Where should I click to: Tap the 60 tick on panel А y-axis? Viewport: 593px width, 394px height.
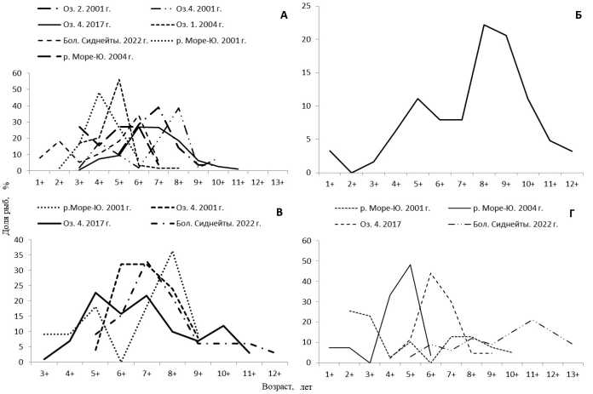coord(18,73)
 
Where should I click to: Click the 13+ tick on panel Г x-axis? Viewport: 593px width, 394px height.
coord(573,374)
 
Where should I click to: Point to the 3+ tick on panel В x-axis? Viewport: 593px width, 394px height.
coord(38,372)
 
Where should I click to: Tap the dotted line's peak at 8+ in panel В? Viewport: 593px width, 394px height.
coord(173,251)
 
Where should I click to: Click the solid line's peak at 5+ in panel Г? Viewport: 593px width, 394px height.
coord(411,264)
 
